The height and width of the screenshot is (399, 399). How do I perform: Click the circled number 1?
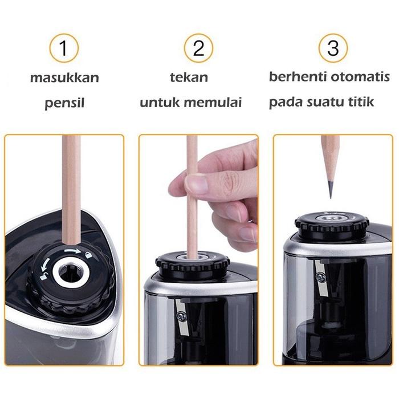(64, 48)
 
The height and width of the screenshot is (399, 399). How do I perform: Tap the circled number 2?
(198, 48)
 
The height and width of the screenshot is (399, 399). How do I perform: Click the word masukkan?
(64, 78)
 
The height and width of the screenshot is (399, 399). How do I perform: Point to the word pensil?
(64, 104)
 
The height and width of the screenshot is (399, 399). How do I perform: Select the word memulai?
(215, 103)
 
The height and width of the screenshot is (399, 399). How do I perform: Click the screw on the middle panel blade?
(180, 315)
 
